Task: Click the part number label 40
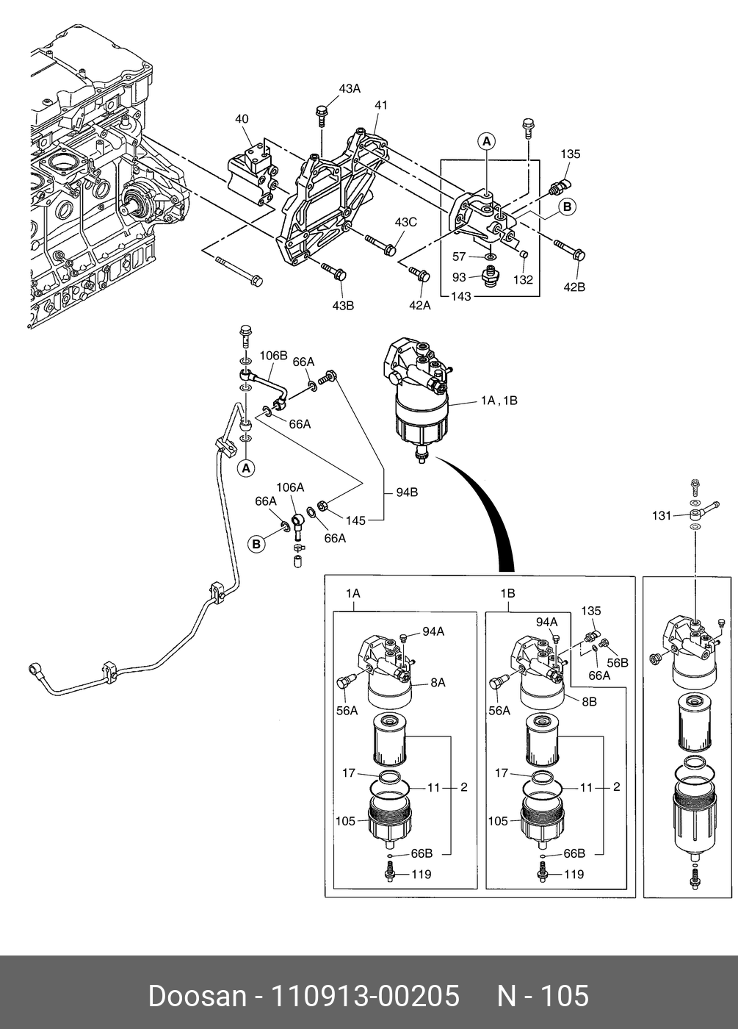[x=242, y=119]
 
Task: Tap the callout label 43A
[x=350, y=89]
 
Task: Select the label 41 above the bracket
[x=380, y=106]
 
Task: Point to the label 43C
[x=405, y=222]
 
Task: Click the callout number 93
[x=459, y=277]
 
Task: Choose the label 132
[x=523, y=280]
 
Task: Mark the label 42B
[x=574, y=287]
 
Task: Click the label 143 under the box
[x=460, y=296]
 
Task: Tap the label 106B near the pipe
[x=273, y=356]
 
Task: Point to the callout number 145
[x=355, y=520]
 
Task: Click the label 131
[x=662, y=516]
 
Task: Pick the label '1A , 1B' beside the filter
[x=499, y=401]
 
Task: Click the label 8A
[x=438, y=683]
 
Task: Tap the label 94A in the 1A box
[x=433, y=631]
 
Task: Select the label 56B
[x=618, y=662]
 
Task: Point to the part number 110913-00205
[x=366, y=996]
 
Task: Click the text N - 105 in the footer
[x=543, y=996]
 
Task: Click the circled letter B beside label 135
[x=568, y=207]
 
